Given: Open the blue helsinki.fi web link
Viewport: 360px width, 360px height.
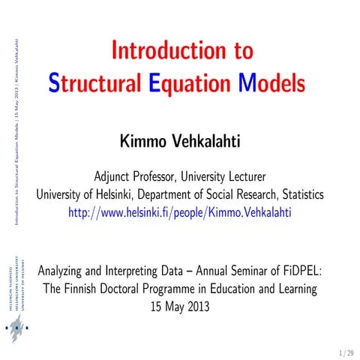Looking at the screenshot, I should pyautogui.click(x=179, y=212).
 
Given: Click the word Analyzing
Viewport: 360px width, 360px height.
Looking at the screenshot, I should pyautogui.click(x=66, y=268).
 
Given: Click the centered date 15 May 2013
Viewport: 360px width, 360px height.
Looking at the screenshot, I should pyautogui.click(x=180, y=305).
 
